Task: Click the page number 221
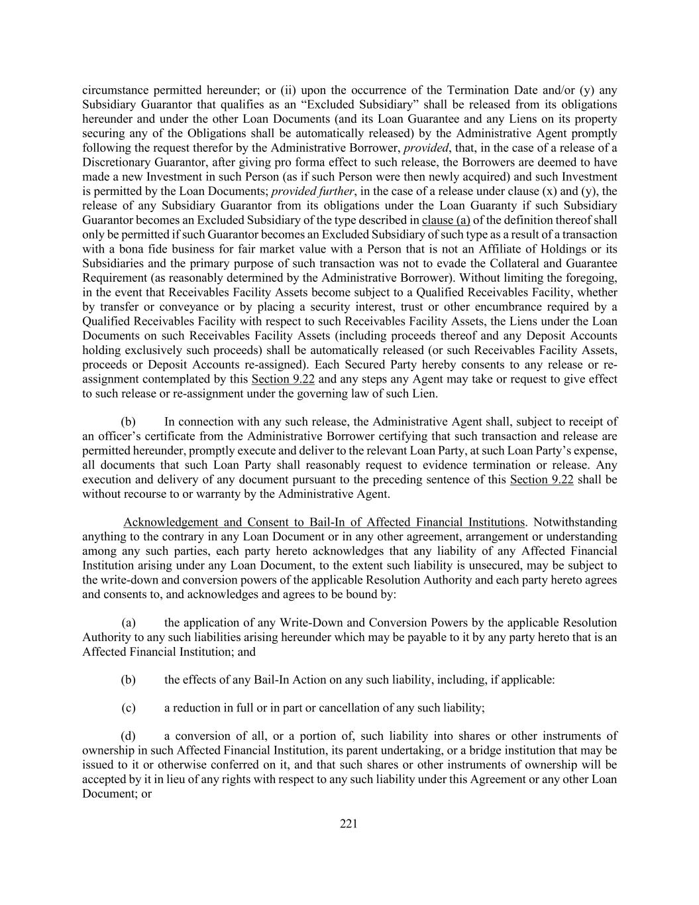[x=349, y=823]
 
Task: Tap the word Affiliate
[x=503, y=249]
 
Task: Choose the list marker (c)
[x=129, y=707]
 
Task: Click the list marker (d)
[x=129, y=736]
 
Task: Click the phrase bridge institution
[x=538, y=751]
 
